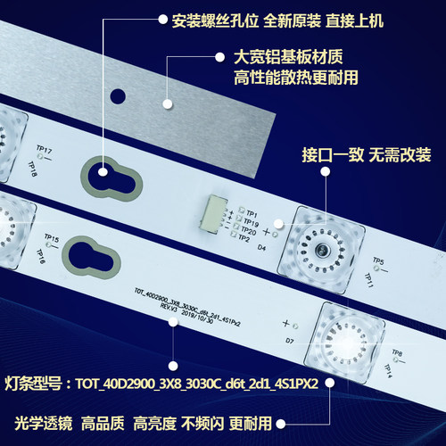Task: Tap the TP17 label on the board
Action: (43, 151)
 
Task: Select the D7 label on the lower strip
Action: (290, 341)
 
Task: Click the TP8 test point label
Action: (397, 354)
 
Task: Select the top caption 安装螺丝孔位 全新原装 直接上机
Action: (280, 18)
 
